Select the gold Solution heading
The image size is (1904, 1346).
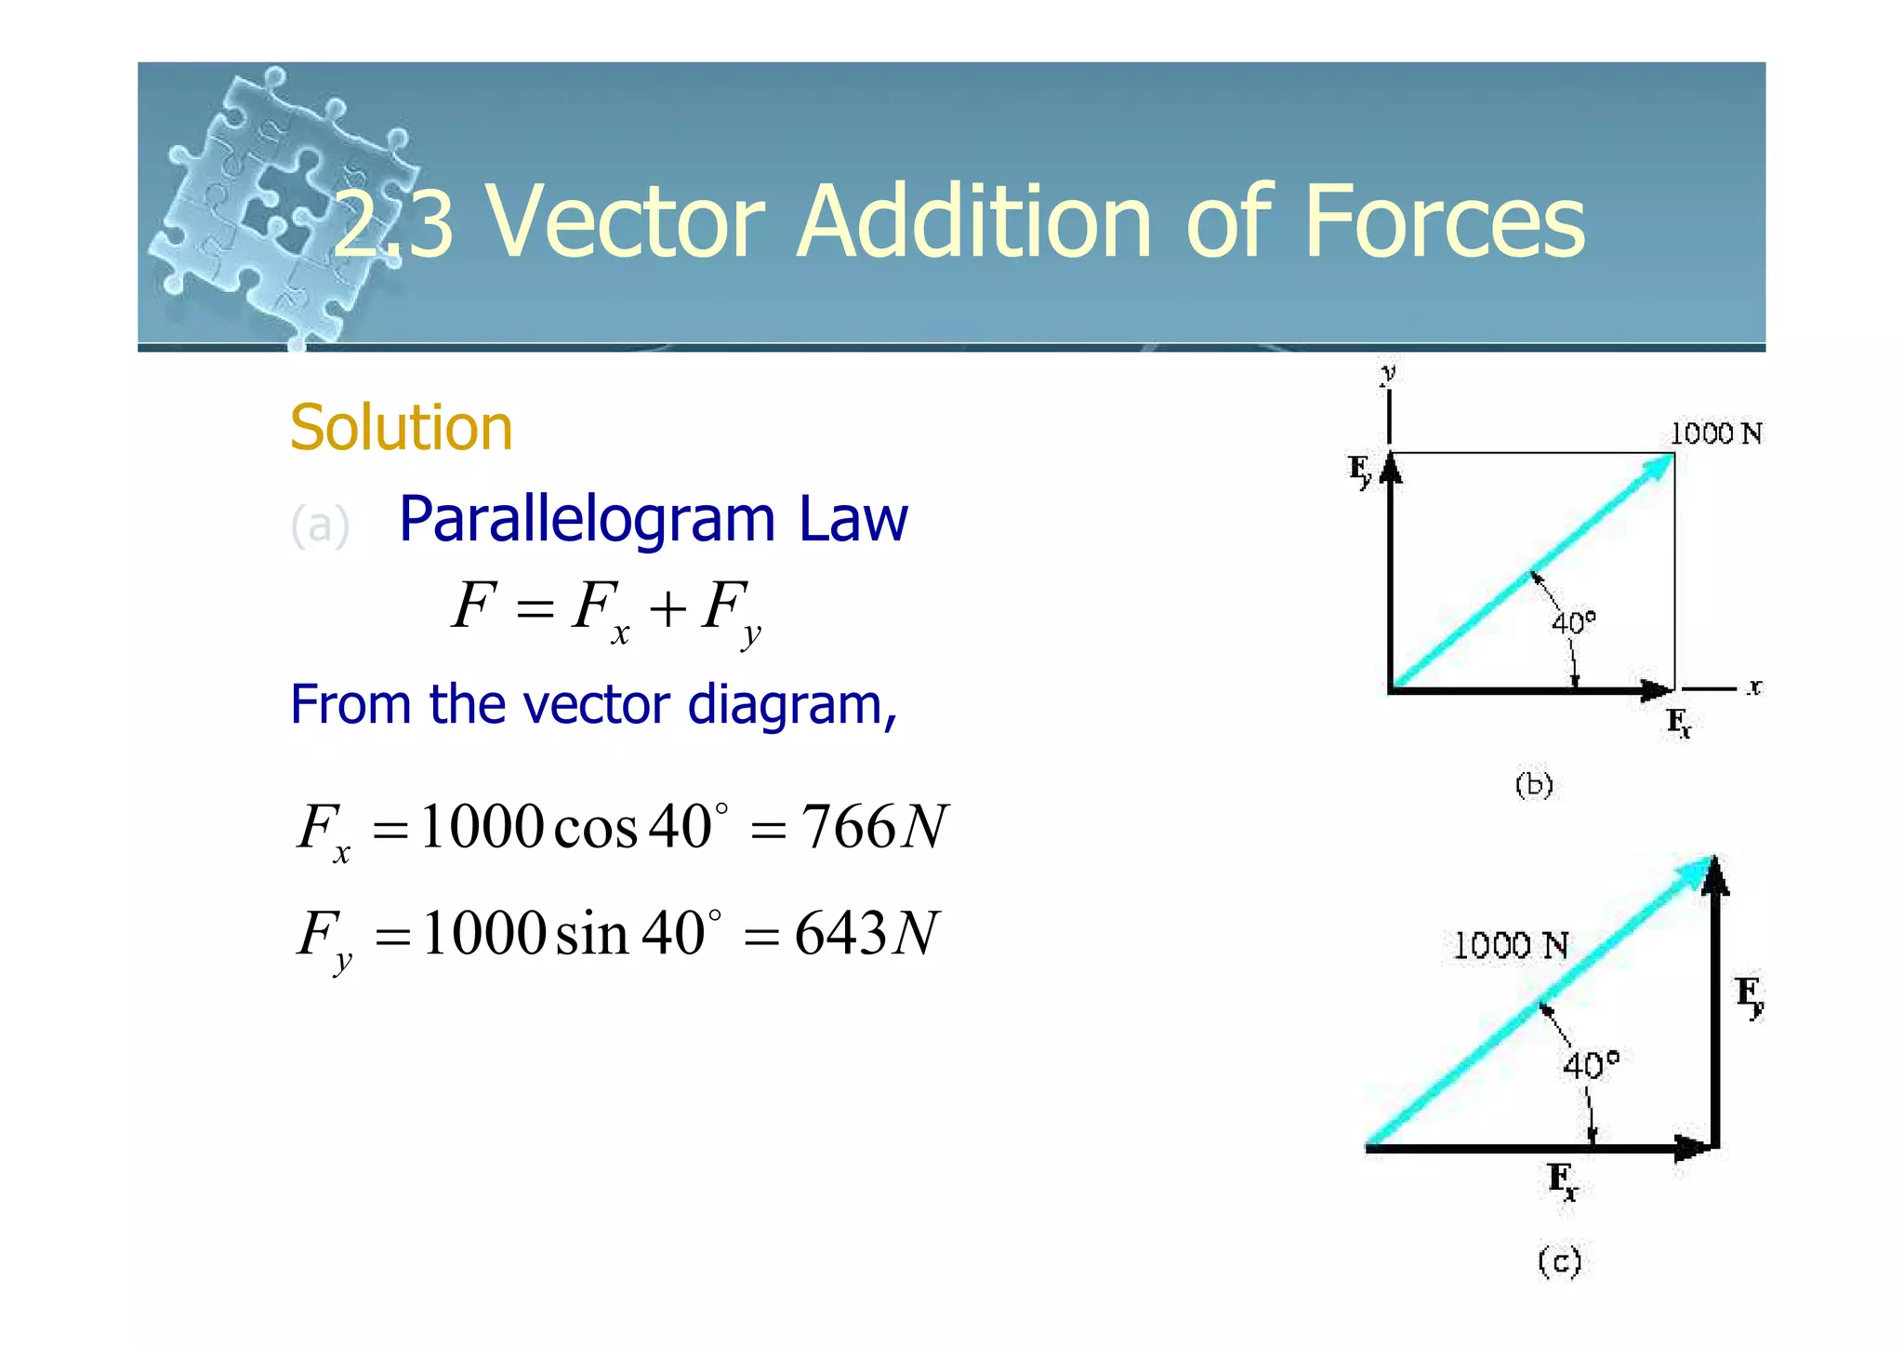401,428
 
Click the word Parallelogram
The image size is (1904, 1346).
587,520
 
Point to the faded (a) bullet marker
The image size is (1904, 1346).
320,526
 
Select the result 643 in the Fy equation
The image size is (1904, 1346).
840,933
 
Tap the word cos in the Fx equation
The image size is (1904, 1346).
595,828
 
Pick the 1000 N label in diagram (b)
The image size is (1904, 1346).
1715,433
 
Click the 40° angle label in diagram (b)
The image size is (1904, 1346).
1573,621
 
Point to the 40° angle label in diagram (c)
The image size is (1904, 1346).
1591,1065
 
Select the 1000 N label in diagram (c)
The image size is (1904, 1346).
1510,946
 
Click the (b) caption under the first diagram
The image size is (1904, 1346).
1534,786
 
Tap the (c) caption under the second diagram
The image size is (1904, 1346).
1559,1262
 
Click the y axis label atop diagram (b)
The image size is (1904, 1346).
1388,374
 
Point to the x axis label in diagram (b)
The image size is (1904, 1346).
1753,687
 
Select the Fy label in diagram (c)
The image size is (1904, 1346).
1749,996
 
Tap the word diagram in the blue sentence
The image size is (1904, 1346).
784,705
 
